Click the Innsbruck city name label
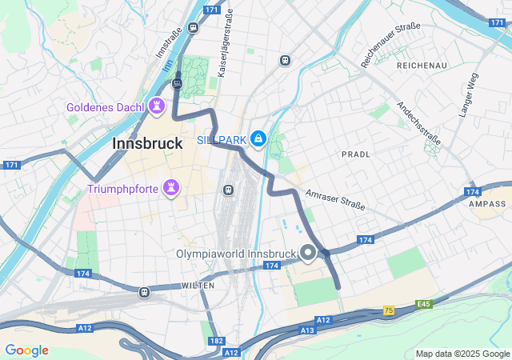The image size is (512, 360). pyautogui.click(x=147, y=142)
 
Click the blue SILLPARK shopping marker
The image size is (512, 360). pyautogui.click(x=258, y=140)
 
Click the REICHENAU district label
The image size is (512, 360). pyautogui.click(x=422, y=65)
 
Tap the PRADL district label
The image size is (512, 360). pyautogui.click(x=356, y=154)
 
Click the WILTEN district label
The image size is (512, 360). pyautogui.click(x=198, y=285)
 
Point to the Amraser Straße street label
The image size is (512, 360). pyautogui.click(x=335, y=200)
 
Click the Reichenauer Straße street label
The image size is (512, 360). pyautogui.click(x=391, y=44)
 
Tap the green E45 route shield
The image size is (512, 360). pyautogui.click(x=423, y=305)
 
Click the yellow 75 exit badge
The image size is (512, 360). pyautogui.click(x=389, y=310)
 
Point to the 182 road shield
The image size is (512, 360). pyautogui.click(x=216, y=341)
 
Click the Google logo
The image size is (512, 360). pyautogui.click(x=26, y=350)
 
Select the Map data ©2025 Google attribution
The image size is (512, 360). pyautogui.click(x=462, y=354)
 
